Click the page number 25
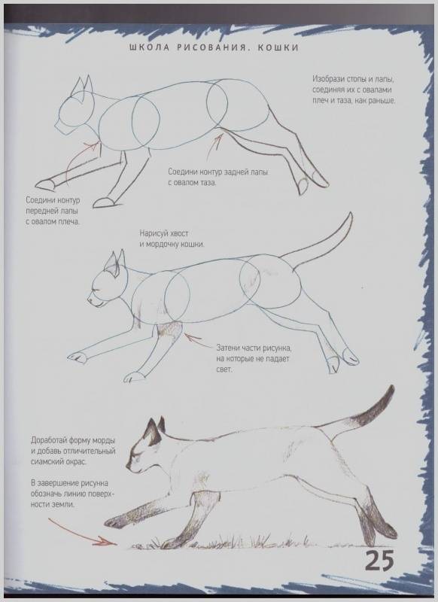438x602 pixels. (379, 561)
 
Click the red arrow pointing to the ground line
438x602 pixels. (82, 532)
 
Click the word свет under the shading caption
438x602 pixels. (224, 369)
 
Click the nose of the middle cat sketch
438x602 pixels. (89, 299)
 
